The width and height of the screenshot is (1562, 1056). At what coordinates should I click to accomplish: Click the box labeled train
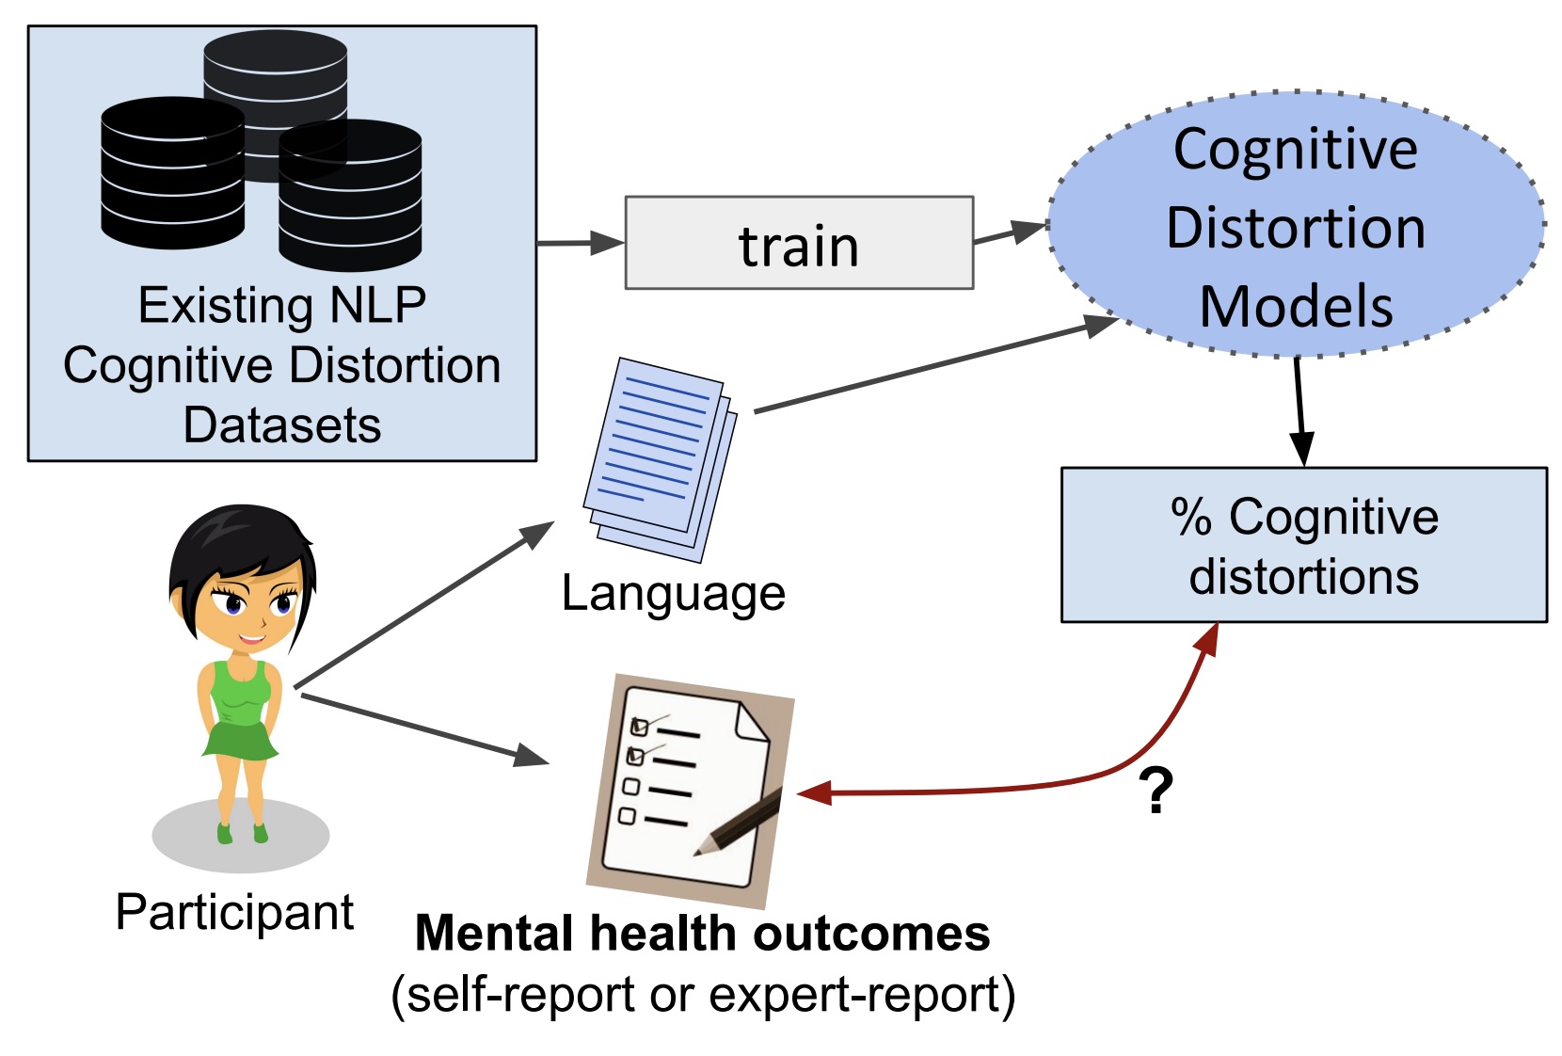798,243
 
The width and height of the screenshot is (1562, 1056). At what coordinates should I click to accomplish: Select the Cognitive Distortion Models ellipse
1295,226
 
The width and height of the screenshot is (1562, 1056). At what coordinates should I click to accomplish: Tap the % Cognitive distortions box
1303,545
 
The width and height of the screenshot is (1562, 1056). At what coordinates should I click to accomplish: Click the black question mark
1156,791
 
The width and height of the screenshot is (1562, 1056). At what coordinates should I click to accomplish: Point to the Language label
673,594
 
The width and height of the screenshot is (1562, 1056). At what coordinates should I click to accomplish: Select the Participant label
234,912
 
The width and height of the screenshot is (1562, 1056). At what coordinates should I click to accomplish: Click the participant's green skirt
241,740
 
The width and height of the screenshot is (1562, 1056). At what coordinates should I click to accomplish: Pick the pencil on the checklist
740,824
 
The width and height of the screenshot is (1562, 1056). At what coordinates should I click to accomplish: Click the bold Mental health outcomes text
702,934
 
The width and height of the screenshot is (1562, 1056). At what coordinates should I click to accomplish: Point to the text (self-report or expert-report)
702,995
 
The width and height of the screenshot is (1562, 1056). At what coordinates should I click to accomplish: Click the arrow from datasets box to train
579,243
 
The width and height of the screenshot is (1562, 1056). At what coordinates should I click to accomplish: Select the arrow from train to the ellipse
1009,232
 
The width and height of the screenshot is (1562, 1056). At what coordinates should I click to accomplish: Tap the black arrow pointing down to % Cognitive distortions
1299,409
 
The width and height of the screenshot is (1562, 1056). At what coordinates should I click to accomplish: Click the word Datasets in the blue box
281,424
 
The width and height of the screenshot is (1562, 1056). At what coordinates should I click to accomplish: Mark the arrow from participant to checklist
423,728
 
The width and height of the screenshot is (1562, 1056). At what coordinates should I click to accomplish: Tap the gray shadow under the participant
241,838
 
